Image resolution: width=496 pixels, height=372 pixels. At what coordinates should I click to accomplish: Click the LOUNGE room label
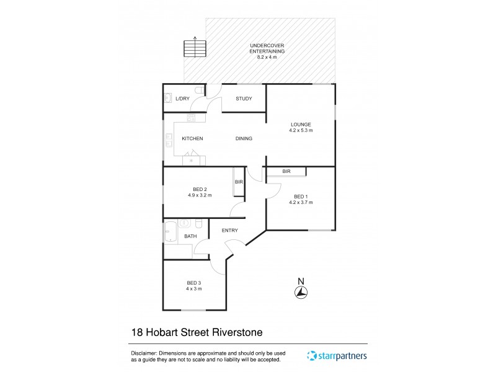point(300,125)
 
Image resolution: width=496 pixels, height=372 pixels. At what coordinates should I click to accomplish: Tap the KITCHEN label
point(192,138)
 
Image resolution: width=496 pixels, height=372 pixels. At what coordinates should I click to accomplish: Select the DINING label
point(244,138)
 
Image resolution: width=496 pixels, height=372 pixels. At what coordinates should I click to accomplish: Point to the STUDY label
point(244,99)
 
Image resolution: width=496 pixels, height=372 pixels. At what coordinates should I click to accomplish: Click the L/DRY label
point(182,99)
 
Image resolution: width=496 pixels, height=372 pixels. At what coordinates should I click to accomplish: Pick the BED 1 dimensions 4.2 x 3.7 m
point(301,202)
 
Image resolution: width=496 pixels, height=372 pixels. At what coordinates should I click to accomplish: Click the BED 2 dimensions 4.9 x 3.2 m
point(200,195)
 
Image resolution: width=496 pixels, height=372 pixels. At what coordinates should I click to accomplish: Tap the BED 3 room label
point(194,283)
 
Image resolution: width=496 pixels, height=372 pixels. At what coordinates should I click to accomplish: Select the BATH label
point(190,236)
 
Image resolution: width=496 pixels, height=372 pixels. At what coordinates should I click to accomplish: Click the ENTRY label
point(230,231)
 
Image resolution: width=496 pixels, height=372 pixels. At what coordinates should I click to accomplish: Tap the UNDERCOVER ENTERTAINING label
point(267,49)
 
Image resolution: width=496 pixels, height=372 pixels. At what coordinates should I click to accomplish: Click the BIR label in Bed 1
point(286,171)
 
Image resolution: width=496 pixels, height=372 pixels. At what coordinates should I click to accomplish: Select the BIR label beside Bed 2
point(238,182)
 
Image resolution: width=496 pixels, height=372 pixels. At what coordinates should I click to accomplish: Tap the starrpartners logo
point(337,356)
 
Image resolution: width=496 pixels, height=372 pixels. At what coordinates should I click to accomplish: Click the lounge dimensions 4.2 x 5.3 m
point(301,131)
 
